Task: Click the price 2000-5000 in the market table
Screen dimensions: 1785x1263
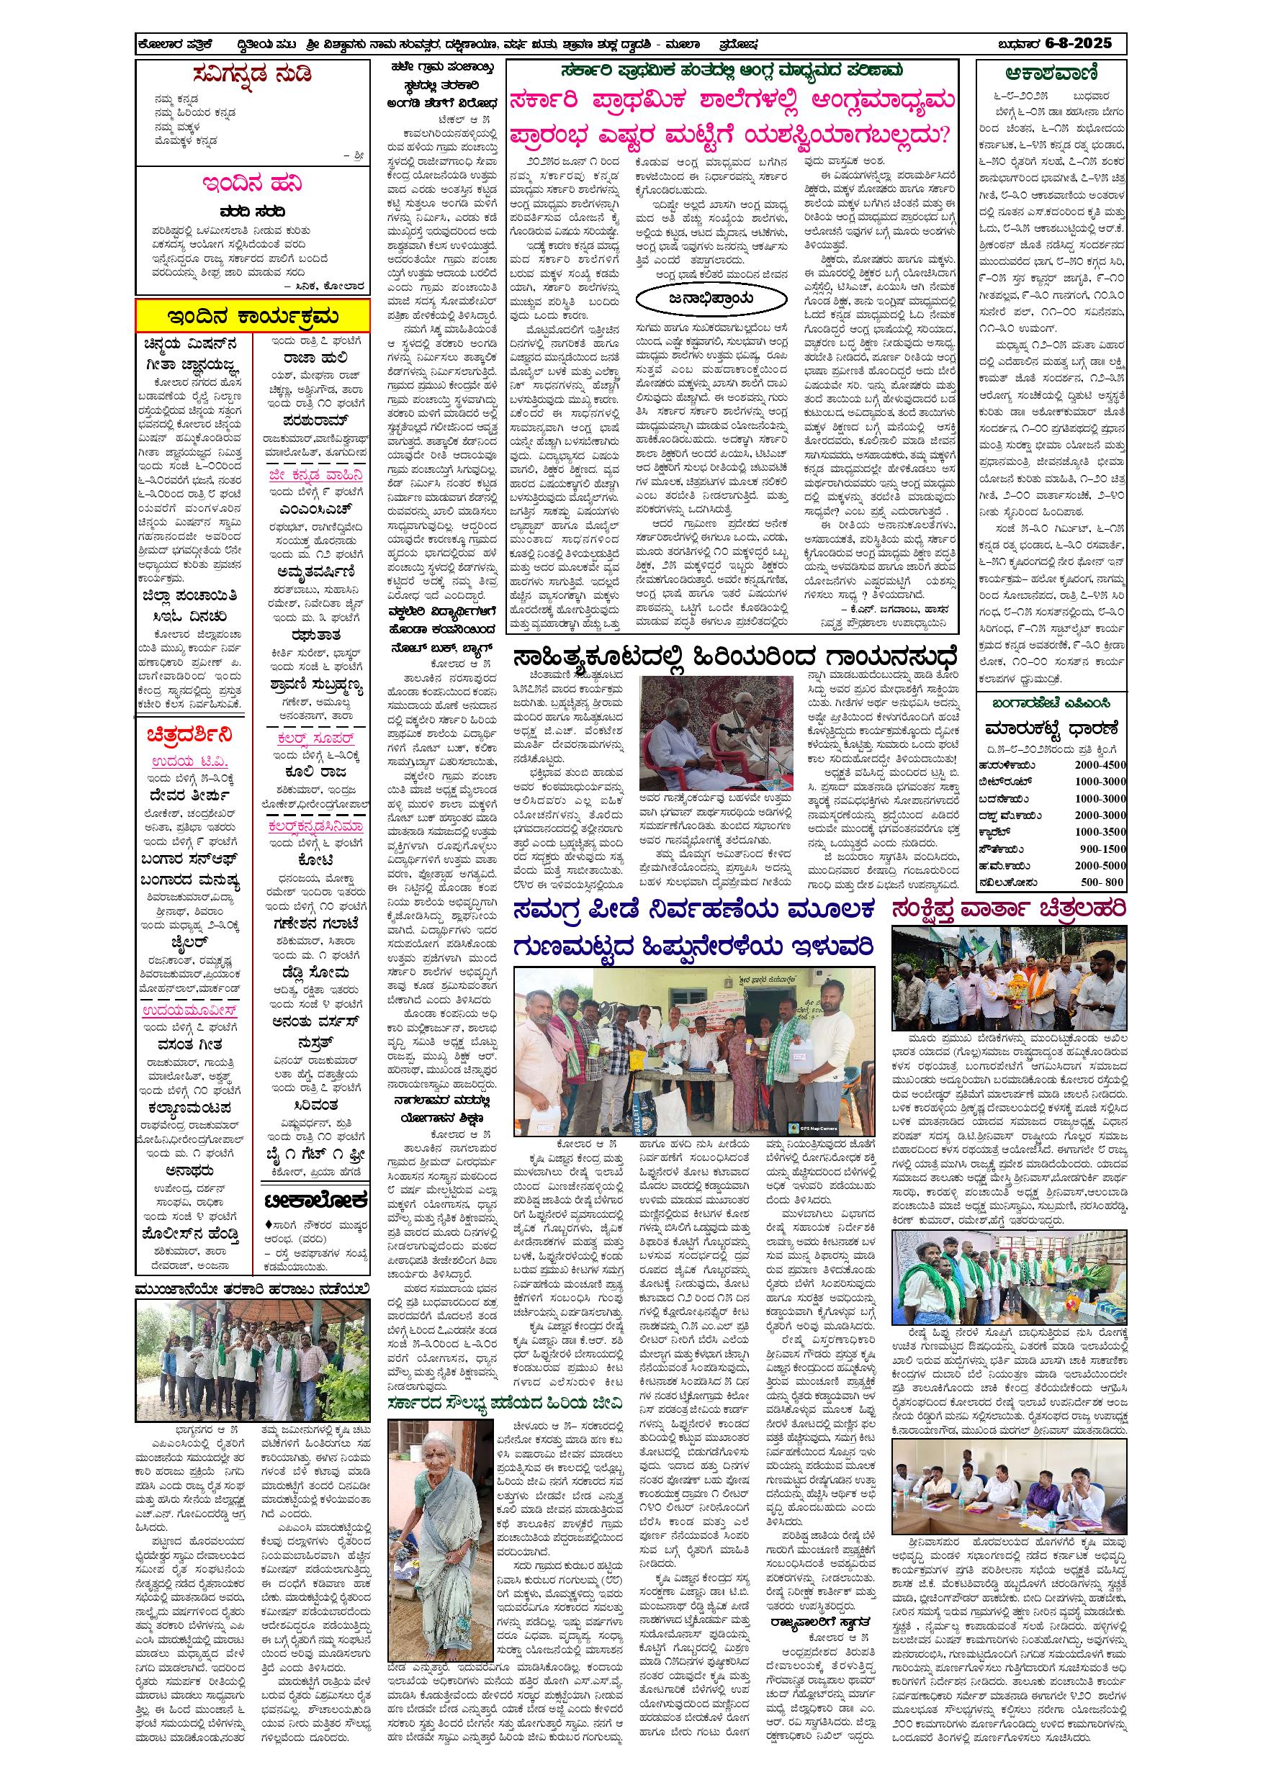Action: pyautogui.click(x=1100, y=865)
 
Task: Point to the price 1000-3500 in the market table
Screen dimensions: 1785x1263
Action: pyautogui.click(x=1100, y=832)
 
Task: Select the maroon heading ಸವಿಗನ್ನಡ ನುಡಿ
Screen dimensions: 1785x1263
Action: pyautogui.click(x=252, y=76)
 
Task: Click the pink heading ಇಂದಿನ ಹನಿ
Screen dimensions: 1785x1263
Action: pyautogui.click(x=252, y=184)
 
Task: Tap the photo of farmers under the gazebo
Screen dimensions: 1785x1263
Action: pyautogui.click(x=252, y=1357)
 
